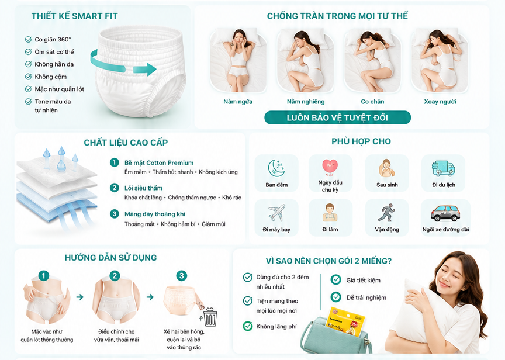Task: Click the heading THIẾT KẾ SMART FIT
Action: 74,16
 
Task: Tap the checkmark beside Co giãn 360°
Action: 28,39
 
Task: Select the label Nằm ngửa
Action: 238,102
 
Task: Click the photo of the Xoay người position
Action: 440,60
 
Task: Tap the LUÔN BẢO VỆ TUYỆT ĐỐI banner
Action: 337,117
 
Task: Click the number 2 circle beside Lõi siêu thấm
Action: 115,188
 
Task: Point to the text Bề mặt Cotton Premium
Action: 159,163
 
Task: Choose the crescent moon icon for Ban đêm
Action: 276,168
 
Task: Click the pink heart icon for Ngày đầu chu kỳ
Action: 330,167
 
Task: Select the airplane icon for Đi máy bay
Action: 276,213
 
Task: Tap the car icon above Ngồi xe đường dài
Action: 446,213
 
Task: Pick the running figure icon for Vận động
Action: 386,213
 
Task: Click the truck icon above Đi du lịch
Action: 444,168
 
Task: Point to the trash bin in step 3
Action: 210,317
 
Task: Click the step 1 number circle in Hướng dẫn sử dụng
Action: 44,276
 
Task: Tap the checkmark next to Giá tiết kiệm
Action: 336,279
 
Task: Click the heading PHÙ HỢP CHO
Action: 361,141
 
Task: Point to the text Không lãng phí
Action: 276,327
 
